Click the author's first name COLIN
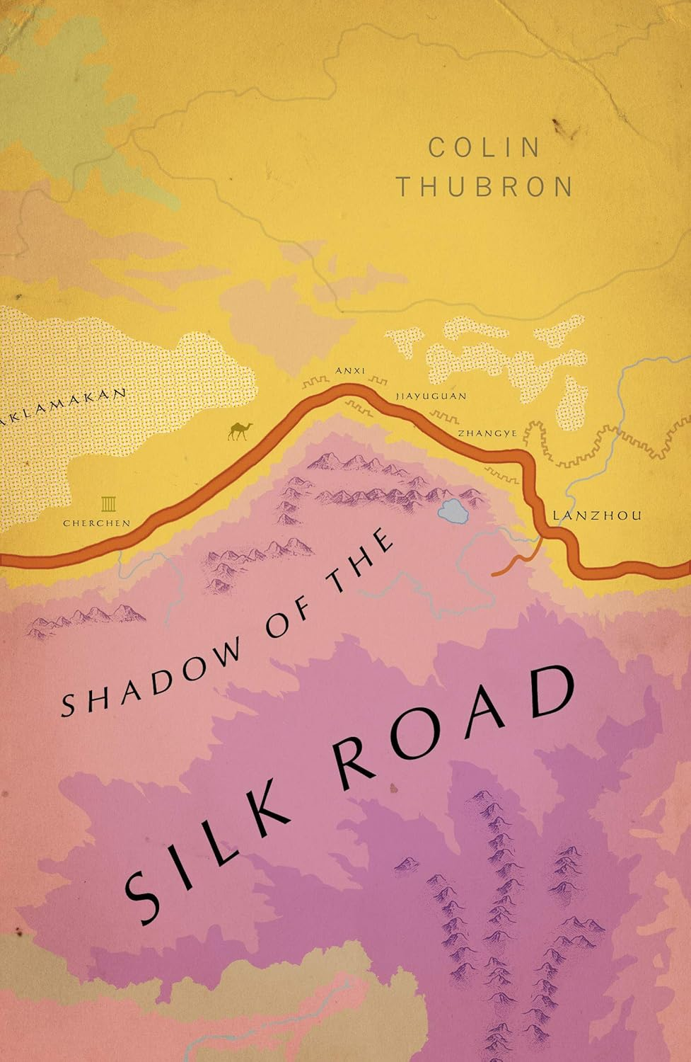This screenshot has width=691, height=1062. click(x=484, y=147)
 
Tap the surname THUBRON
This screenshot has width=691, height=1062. click(x=484, y=187)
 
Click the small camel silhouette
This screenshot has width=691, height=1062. click(x=237, y=430)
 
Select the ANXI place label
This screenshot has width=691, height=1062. click(x=349, y=370)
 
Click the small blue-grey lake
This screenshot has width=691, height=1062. click(x=452, y=510)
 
